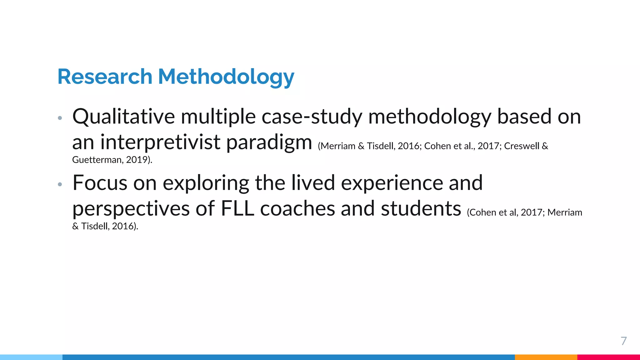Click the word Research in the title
pyautogui.click(x=105, y=77)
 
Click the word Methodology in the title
pyautogui.click(x=226, y=77)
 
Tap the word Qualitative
pyautogui.click(x=123, y=117)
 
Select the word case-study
pyautogui.click(x=312, y=117)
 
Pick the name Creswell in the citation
pyautogui.click(x=522, y=146)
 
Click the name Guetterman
pyautogui.click(x=97, y=160)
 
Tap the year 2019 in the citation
pyautogui.click(x=137, y=160)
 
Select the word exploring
pyautogui.click(x=206, y=183)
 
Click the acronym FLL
pyautogui.click(x=237, y=209)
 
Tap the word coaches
pyautogui.click(x=297, y=209)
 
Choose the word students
pyautogui.click(x=421, y=209)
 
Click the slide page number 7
pyautogui.click(x=623, y=341)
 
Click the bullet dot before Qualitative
pyautogui.click(x=60, y=118)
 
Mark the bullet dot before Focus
pyautogui.click(x=60, y=184)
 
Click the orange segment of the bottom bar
pyautogui.click(x=546, y=357)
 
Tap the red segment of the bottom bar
pyautogui.click(x=608, y=357)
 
